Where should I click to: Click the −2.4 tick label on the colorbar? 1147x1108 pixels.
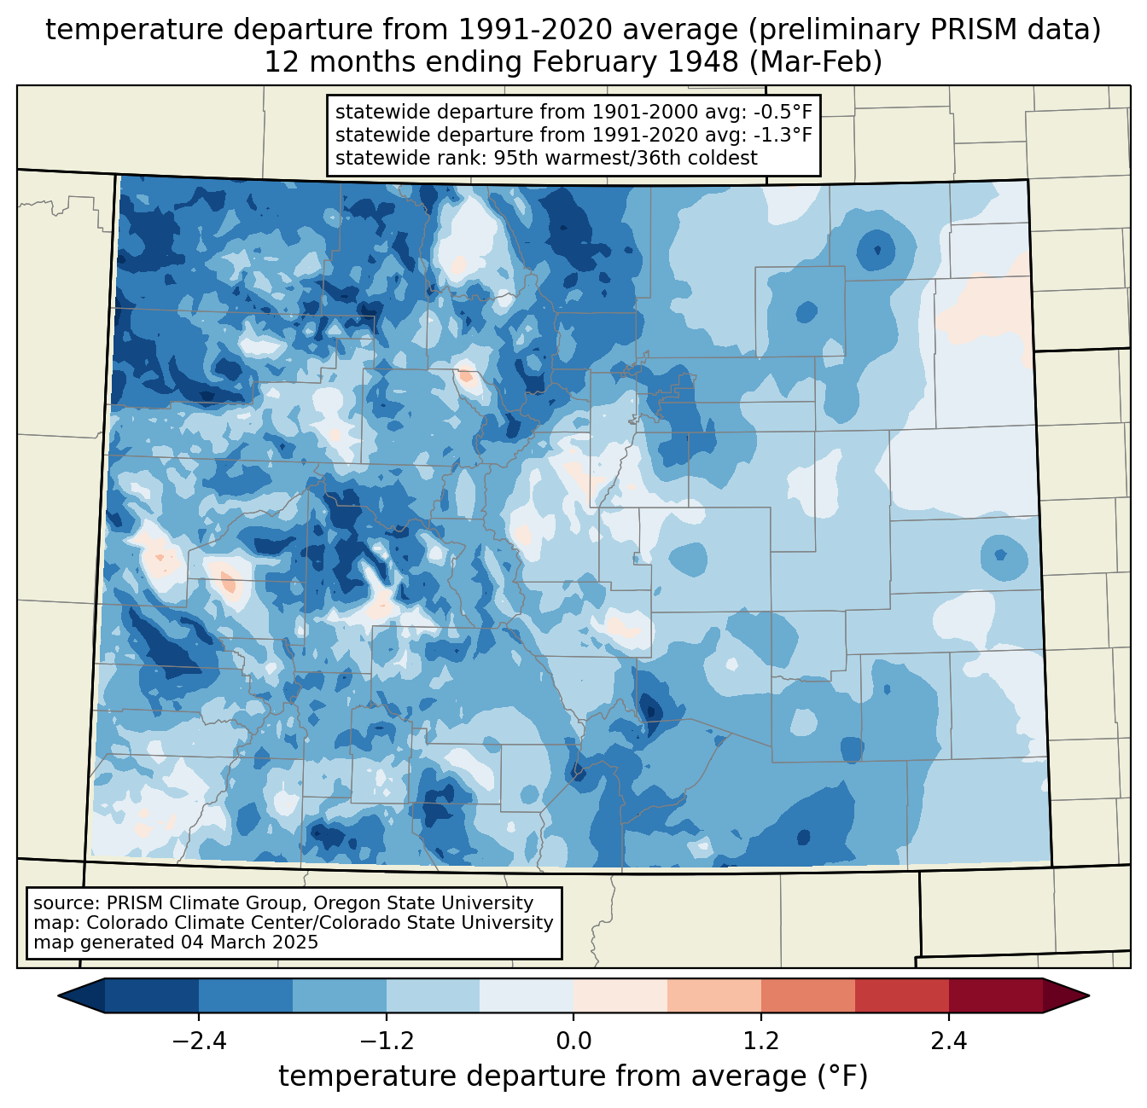199,1041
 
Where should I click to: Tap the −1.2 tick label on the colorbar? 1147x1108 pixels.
386,1041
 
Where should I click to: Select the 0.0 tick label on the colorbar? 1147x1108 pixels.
573,1041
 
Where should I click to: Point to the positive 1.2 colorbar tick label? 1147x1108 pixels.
761,1041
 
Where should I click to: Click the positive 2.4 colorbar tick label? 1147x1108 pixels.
948,1041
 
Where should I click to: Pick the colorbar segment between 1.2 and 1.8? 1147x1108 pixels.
807,995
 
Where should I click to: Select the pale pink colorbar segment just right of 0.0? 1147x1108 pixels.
620,995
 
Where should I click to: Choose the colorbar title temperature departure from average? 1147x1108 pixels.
573,1076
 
